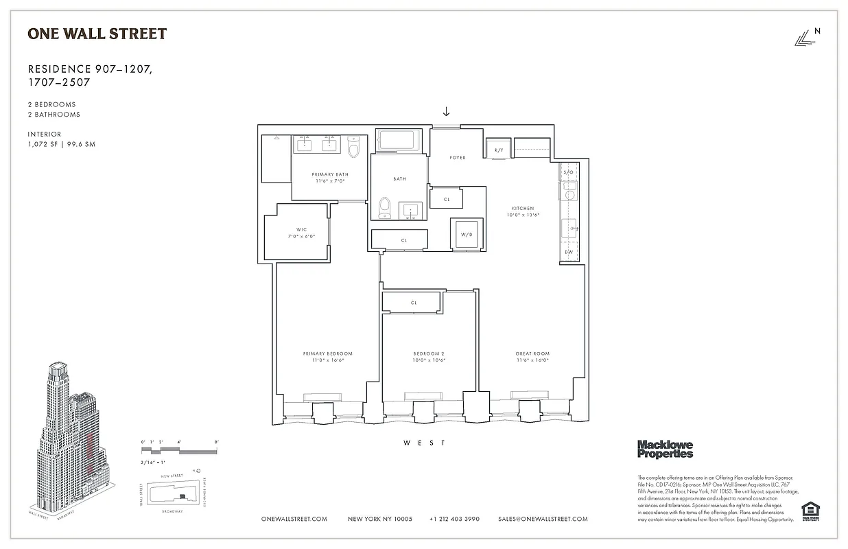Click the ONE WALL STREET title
coord(97,33)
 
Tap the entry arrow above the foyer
coord(446,111)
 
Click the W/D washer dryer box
coord(467,234)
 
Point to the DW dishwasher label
coord(568,252)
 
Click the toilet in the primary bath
coord(354,148)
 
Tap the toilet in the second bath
coord(385,208)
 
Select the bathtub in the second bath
coord(401,141)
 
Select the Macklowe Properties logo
coord(665,449)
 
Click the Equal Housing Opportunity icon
coord(811,512)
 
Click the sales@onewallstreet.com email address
coord(543,519)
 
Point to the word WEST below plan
coord(424,443)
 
